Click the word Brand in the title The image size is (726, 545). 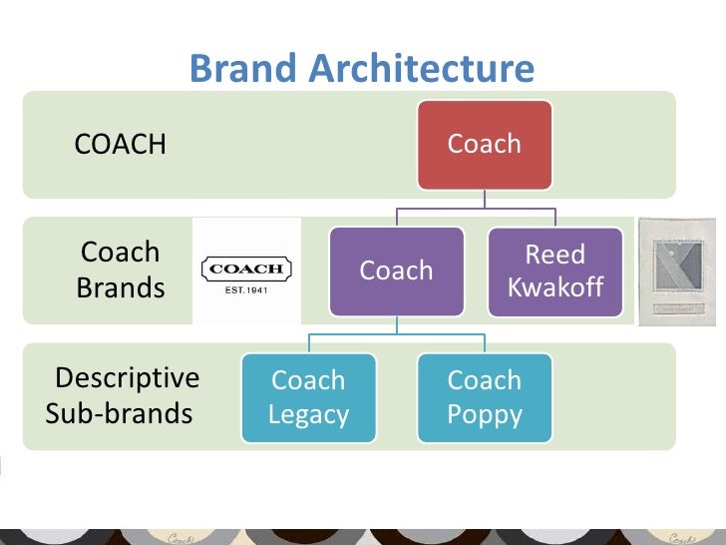coord(243,69)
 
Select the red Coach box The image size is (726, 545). coord(485,144)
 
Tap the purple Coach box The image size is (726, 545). coord(397,271)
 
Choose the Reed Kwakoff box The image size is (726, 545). coord(555,271)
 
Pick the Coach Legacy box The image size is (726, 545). coord(308,397)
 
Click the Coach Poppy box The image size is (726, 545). coord(485,397)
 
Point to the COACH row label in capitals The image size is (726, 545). coord(121,145)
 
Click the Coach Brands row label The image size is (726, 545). coord(121,271)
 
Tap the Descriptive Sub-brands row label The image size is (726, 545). coord(123,396)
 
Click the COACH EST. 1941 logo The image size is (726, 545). coord(246,272)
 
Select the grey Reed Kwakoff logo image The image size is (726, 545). coord(677,271)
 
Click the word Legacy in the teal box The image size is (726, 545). coord(308,414)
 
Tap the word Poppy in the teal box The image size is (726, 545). coord(485,414)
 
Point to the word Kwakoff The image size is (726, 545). coord(555,287)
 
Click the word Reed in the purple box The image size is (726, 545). coord(555,255)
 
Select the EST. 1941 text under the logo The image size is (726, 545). coord(247,290)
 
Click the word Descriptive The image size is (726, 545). coord(128,379)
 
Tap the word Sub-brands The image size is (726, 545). coord(119,413)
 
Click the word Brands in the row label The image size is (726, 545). coord(121,288)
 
